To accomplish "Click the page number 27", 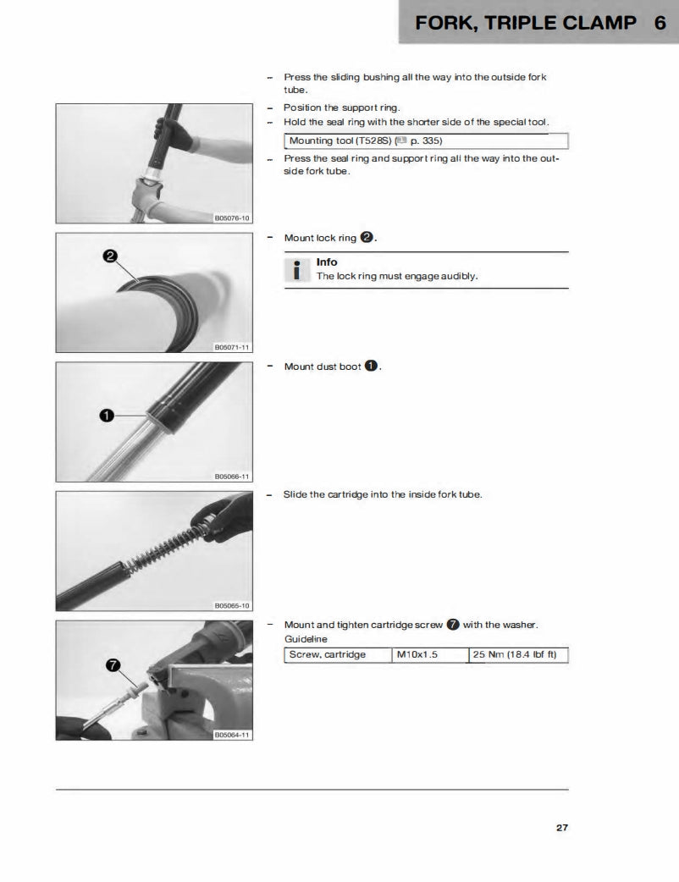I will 561,828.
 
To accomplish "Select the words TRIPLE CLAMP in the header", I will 562,23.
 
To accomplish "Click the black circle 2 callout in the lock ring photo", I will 110,256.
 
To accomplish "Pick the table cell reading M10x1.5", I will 428,655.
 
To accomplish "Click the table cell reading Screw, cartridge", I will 336,655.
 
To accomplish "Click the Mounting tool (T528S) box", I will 425,141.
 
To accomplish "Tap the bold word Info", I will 327,262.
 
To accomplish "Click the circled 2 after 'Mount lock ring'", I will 367,238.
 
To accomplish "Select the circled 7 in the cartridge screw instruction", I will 453,626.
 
